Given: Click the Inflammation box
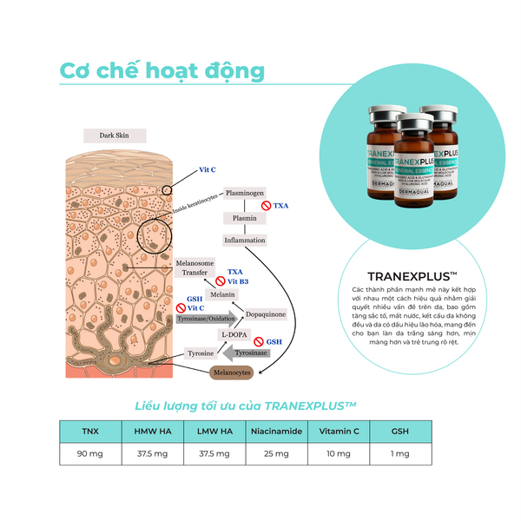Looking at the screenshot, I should point(244,240).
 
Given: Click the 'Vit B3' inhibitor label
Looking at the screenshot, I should point(238,281).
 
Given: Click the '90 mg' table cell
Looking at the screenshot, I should point(90,455).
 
